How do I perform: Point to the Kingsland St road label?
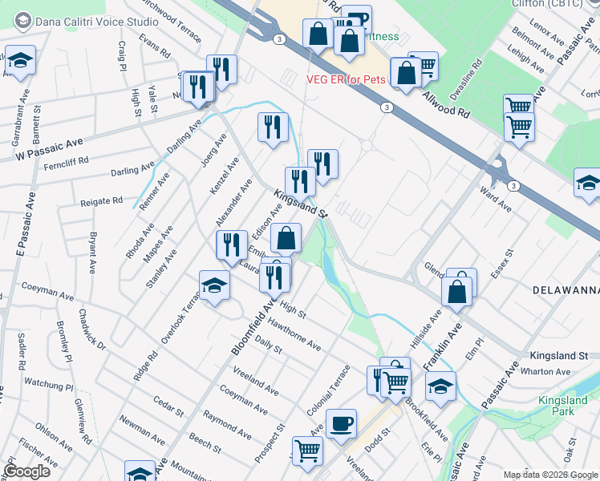pyautogui.click(x=302, y=204)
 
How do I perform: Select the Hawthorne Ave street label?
pyautogui.click(x=294, y=335)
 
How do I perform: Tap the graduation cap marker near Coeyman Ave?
pyautogui.click(x=214, y=287)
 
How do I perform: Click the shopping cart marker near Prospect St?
pyautogui.click(x=307, y=452)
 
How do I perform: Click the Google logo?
pyautogui.click(x=26, y=471)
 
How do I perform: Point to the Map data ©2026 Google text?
pyautogui.click(x=549, y=474)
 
